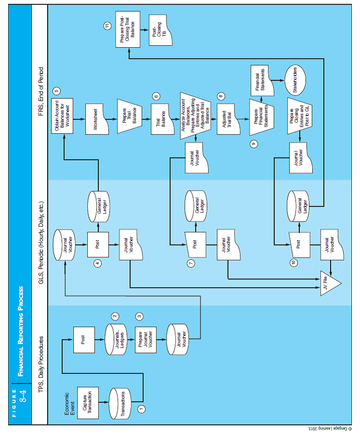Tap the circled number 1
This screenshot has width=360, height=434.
click(141, 408)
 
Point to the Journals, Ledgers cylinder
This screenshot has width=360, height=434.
click(114, 340)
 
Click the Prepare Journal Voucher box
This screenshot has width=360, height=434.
click(145, 340)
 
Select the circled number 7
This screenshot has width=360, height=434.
click(191, 263)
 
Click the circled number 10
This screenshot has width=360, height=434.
click(294, 263)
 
